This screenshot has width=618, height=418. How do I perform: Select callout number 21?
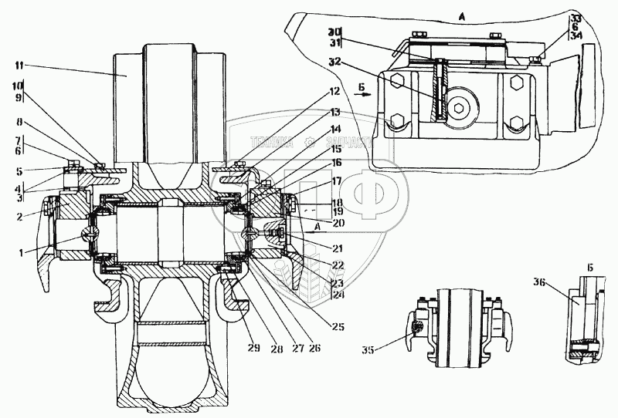pos(337,248)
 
